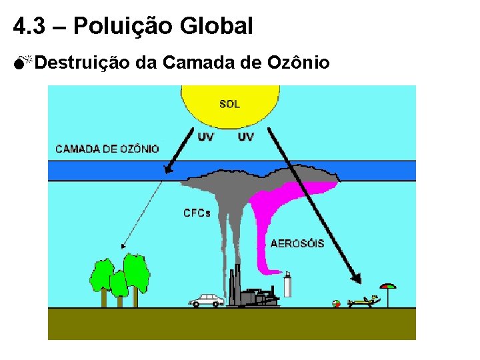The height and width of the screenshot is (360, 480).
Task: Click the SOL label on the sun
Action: [229, 104]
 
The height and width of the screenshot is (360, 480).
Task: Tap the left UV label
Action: [206, 137]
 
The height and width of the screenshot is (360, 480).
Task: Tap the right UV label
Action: [246, 137]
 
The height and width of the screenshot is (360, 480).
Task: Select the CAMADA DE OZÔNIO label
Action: [107, 149]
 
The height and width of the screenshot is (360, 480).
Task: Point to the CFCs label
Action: [197, 213]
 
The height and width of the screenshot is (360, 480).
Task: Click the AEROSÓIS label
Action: [297, 243]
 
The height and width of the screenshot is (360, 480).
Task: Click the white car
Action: [207, 301]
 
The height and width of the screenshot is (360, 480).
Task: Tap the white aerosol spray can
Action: [288, 285]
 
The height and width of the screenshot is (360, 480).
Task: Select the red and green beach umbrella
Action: [387, 288]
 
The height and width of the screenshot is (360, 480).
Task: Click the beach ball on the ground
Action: [337, 304]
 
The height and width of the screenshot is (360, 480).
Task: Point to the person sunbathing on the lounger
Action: [363, 302]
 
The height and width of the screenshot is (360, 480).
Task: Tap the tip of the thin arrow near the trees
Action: [123, 247]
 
